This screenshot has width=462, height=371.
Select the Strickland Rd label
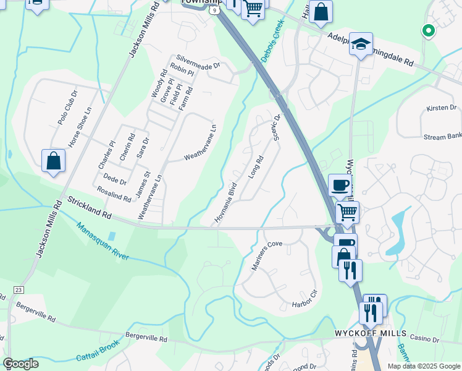(x=89, y=208)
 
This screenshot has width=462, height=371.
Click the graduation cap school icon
(x=361, y=44)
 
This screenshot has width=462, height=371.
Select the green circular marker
(x=427, y=29)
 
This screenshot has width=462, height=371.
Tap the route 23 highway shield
(x=18, y=289)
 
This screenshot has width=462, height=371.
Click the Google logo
(x=20, y=364)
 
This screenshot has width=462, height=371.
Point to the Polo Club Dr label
(x=67, y=108)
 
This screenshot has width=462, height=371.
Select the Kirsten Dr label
(x=441, y=108)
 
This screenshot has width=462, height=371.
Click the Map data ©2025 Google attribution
(x=423, y=366)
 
